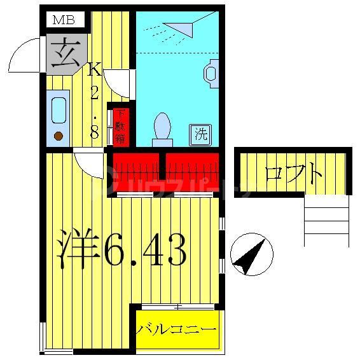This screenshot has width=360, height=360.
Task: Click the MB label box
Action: tap(64, 20)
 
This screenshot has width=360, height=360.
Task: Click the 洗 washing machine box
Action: tap(201, 134)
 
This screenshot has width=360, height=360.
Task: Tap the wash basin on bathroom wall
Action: tap(211, 71)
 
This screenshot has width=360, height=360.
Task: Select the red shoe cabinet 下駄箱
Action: tap(121, 127)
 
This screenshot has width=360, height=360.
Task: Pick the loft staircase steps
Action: tap(326, 220)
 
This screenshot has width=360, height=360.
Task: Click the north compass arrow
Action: tap(251, 254)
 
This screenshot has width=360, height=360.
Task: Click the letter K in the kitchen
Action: tap(94, 69)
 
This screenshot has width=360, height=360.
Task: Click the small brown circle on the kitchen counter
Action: tap(58, 135)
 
